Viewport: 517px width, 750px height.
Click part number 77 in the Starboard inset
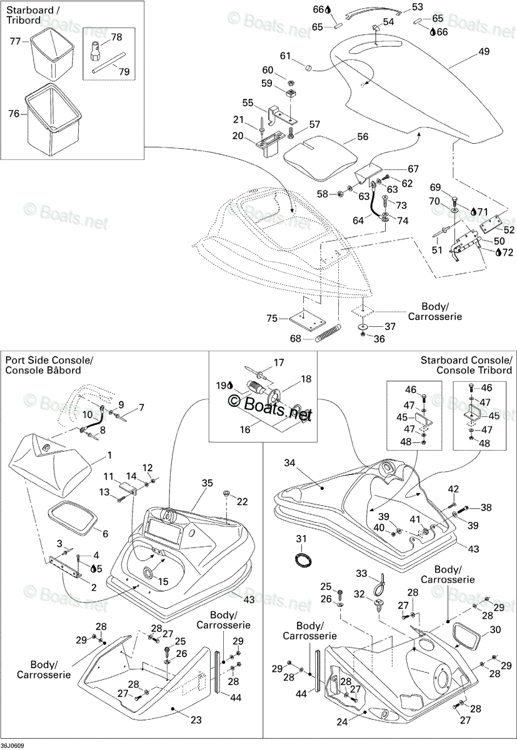(15, 41)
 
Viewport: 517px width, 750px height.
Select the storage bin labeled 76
(53, 121)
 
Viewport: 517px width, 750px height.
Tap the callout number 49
(484, 51)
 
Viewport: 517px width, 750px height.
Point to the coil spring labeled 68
(328, 333)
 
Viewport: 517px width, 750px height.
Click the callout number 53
(417, 7)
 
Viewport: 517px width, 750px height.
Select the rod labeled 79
(108, 62)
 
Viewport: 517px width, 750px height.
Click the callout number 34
(289, 462)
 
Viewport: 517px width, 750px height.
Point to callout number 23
(196, 720)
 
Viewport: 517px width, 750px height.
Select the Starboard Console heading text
(466, 360)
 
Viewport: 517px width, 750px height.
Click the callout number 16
(245, 429)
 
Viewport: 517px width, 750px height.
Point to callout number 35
(208, 482)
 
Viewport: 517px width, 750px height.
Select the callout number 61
(285, 56)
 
